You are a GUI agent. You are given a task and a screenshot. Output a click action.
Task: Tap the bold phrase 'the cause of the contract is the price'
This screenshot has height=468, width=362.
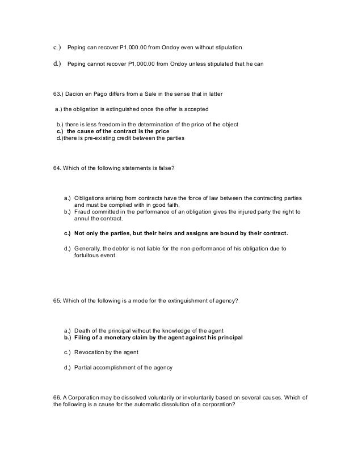tap(115, 131)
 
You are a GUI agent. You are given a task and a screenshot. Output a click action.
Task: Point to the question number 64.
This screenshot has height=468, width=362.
tap(56, 169)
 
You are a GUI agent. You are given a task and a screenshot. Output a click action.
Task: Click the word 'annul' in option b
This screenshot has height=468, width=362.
tap(82, 218)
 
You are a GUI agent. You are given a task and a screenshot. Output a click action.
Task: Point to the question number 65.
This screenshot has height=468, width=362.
tap(56, 301)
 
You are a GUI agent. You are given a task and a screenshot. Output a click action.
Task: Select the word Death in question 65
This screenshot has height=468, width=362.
tap(83, 330)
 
